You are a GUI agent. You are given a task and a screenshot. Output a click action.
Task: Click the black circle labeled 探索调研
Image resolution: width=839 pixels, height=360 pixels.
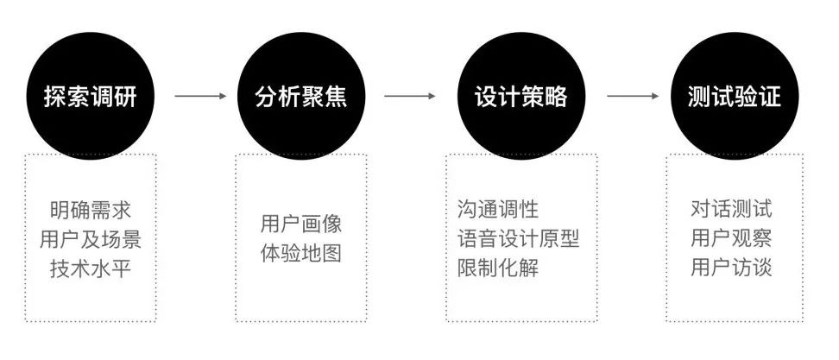click(x=91, y=95)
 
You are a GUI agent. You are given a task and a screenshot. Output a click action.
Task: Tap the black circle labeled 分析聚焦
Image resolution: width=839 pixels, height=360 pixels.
click(x=301, y=95)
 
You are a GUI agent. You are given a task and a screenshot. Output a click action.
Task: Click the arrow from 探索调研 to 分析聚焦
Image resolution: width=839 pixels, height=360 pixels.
click(x=199, y=96)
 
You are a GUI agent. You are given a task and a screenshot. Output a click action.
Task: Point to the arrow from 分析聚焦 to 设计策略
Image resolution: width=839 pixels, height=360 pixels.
click(x=410, y=96)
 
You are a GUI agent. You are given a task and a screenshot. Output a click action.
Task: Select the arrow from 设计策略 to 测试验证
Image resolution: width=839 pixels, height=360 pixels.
click(x=632, y=96)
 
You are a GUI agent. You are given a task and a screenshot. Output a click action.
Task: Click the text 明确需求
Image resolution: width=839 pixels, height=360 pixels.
click(x=91, y=210)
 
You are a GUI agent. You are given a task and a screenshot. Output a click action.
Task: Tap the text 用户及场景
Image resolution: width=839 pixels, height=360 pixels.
click(x=91, y=238)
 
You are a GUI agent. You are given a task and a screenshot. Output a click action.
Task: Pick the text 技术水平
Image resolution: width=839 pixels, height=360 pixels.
click(x=91, y=267)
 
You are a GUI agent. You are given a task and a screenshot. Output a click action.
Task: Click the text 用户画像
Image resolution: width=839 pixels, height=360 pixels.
click(x=301, y=224)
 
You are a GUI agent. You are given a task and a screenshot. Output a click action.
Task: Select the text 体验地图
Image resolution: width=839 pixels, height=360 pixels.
click(x=301, y=254)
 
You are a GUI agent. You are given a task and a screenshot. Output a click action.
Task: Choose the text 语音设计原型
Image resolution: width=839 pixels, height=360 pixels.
click(x=518, y=238)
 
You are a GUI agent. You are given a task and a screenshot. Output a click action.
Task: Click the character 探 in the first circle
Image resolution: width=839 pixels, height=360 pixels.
click(x=56, y=96)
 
